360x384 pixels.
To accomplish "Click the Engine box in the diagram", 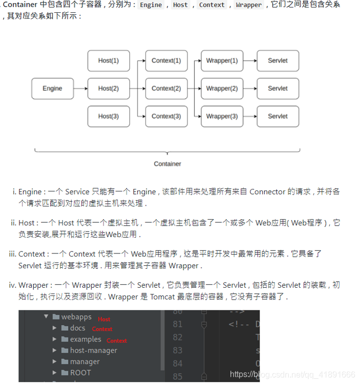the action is [52, 89].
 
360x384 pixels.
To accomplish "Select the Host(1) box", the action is [108, 60].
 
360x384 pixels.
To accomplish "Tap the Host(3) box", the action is [108, 116].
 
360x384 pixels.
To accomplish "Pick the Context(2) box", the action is [166, 89].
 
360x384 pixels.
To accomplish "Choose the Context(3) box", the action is [166, 116].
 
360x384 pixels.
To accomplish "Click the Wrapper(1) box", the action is [222, 60].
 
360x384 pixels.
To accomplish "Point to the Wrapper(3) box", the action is [222, 116].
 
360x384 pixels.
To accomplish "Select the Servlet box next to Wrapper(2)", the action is [278, 89].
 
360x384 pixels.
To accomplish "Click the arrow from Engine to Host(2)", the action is [80, 89].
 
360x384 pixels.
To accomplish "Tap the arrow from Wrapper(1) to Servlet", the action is [250, 60].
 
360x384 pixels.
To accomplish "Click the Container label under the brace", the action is [167, 164].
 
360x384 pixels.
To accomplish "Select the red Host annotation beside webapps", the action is [104, 319].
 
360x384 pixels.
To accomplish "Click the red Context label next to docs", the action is [102, 329].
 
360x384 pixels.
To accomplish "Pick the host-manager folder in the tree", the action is [94, 351].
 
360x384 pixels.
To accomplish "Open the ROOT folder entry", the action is [80, 373].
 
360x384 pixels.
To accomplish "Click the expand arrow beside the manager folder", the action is [55, 361].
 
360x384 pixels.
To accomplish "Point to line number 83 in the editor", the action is [177, 350].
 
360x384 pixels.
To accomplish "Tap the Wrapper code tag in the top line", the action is [249, 5].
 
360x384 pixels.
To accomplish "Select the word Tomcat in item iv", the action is [164, 296].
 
